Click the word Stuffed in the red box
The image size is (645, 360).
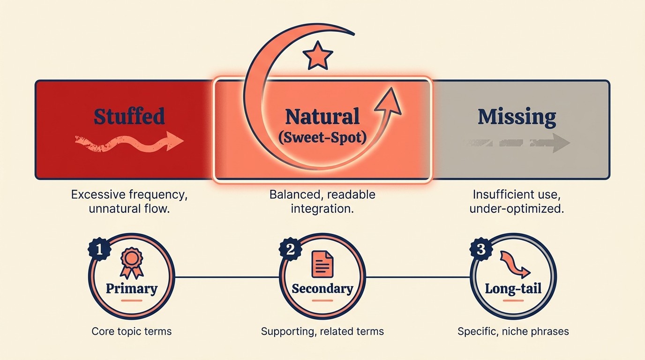(129, 116)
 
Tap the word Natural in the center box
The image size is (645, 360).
(322, 116)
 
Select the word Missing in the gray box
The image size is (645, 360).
(517, 117)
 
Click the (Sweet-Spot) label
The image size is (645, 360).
(322, 138)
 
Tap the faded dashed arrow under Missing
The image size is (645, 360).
(517, 143)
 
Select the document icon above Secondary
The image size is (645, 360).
(322, 263)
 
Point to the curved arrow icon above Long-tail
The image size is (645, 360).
(514, 264)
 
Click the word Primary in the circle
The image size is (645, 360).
(131, 288)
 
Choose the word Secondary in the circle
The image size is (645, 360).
(322, 288)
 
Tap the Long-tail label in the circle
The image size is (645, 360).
(513, 288)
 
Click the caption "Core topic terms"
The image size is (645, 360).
(131, 331)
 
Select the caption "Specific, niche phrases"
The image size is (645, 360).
(513, 331)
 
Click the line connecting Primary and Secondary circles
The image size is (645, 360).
(227, 277)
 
